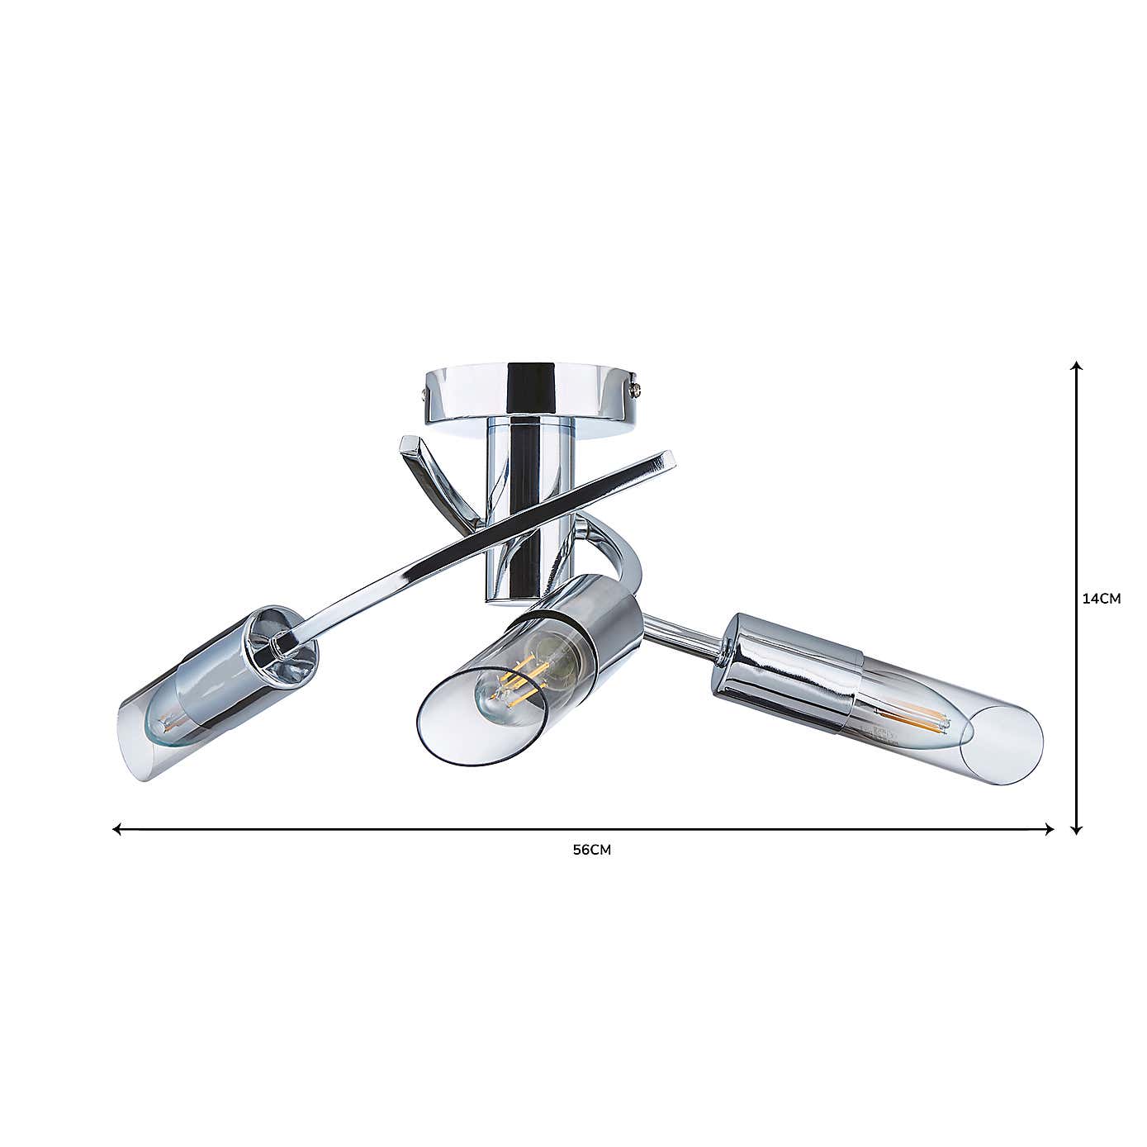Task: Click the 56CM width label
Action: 592,850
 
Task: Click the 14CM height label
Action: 1101,600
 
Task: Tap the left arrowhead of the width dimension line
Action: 117,828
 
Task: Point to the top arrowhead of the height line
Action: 1076,366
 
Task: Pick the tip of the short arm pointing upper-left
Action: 408,443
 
